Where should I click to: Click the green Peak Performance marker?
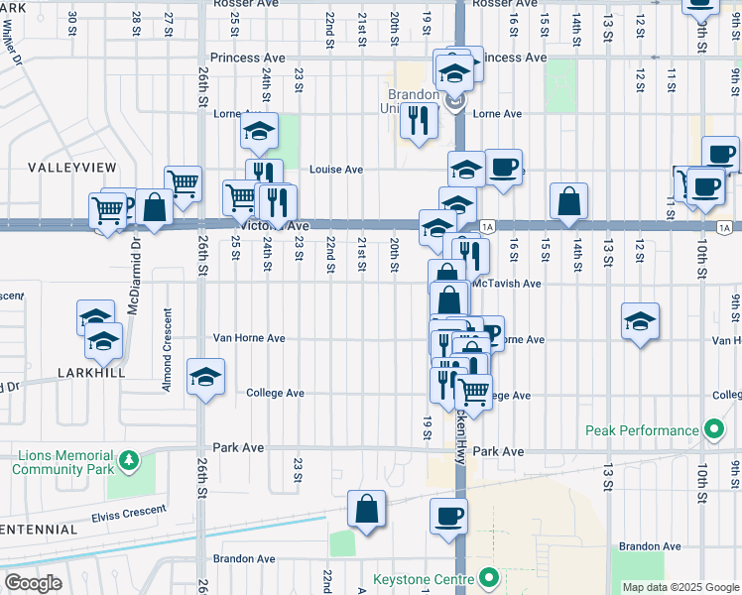click(x=712, y=430)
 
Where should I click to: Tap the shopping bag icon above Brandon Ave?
click(x=366, y=509)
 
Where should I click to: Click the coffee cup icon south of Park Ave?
click(x=447, y=516)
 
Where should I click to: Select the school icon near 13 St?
click(x=641, y=320)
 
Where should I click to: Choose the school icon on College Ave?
click(x=206, y=376)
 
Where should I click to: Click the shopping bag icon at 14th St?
click(x=568, y=200)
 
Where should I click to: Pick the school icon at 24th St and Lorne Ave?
click(x=259, y=130)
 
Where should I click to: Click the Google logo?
click(x=33, y=583)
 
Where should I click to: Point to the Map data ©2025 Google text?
click(x=680, y=587)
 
